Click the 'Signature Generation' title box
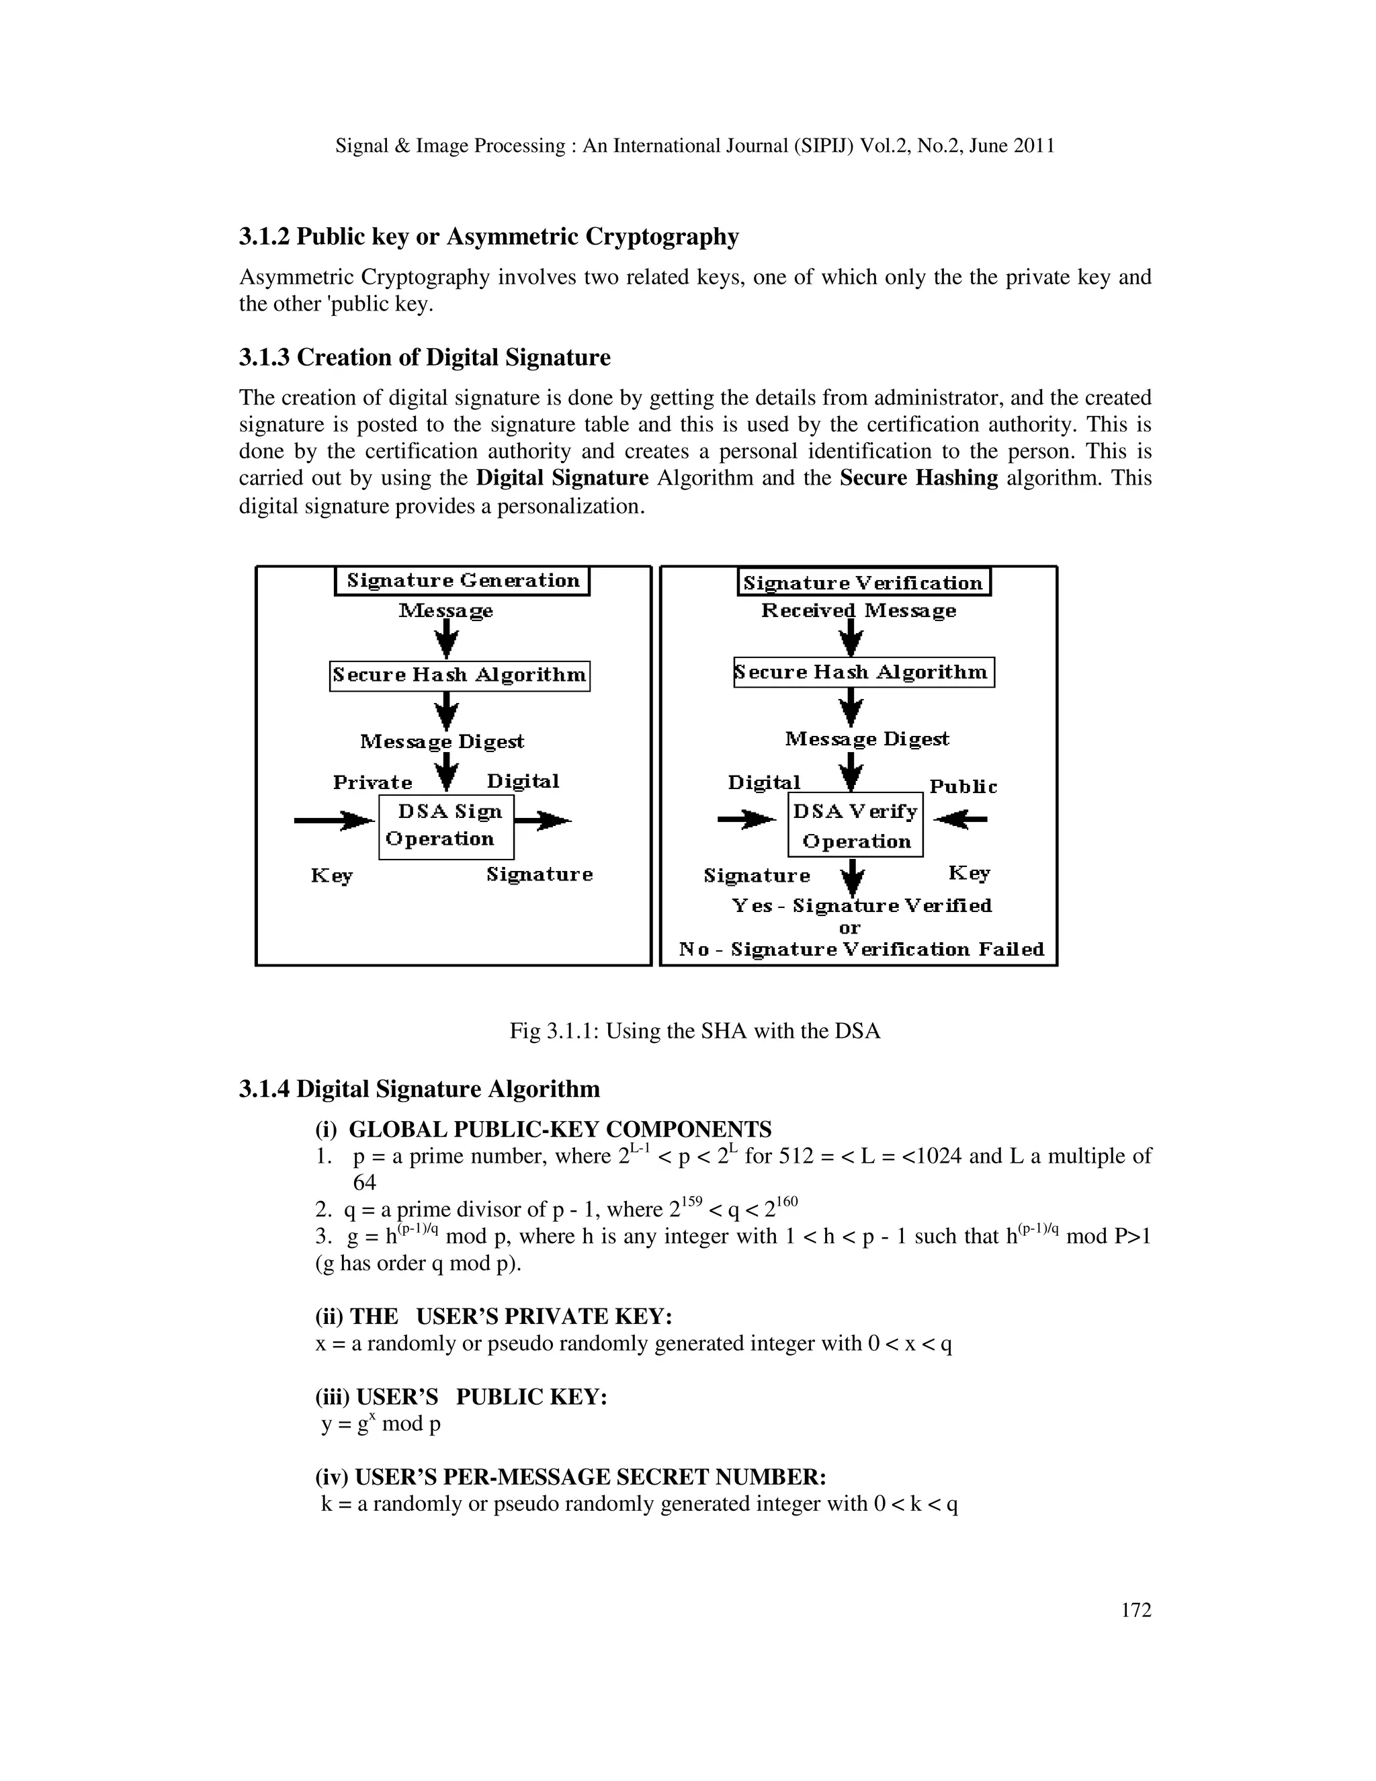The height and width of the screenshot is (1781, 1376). click(462, 581)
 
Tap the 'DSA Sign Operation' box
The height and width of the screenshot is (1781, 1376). click(446, 826)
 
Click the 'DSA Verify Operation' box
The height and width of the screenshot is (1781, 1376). click(855, 825)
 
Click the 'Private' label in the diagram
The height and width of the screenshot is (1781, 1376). click(372, 782)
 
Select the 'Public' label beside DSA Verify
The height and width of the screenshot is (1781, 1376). click(963, 787)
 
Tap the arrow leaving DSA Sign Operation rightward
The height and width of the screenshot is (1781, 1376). click(543, 821)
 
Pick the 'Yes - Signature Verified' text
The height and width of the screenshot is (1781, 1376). click(861, 906)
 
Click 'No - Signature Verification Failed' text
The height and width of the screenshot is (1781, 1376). click(861, 950)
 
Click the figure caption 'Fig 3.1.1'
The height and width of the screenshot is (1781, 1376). click(695, 1031)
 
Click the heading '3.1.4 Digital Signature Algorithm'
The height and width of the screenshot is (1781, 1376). click(419, 1089)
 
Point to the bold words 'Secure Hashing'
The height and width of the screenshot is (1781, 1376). click(918, 478)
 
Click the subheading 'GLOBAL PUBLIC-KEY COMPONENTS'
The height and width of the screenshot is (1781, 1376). click(560, 1130)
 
